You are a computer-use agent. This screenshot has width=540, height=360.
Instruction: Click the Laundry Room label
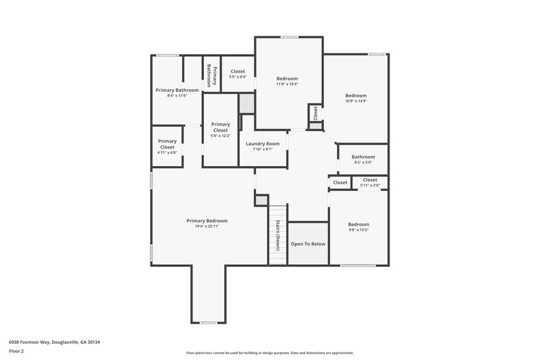tap(263, 143)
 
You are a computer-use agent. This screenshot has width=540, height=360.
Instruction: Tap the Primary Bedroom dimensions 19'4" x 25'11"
tap(207, 226)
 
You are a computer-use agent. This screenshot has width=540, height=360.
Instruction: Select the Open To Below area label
tap(308, 244)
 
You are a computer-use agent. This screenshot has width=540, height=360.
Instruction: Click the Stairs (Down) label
tap(277, 235)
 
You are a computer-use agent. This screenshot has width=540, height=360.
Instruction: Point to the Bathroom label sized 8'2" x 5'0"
tap(362, 157)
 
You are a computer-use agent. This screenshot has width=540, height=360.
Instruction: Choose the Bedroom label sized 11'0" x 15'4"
tap(287, 78)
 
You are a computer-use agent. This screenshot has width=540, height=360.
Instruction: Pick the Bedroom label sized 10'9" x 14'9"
tap(356, 95)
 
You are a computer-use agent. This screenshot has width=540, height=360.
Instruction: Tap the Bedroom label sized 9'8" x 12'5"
tap(358, 224)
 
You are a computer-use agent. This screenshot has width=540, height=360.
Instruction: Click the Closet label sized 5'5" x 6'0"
tap(238, 71)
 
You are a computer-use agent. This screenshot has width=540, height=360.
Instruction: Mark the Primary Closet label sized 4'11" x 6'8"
tap(167, 144)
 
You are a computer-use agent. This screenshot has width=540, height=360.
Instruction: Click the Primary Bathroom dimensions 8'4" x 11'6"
tap(177, 96)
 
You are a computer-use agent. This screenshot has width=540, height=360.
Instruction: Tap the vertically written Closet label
tap(315, 113)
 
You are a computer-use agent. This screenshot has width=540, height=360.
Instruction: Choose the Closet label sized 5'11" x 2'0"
tap(370, 180)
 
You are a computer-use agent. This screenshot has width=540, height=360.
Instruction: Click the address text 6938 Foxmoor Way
tap(54, 342)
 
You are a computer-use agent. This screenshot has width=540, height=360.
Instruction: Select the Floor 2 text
tap(17, 352)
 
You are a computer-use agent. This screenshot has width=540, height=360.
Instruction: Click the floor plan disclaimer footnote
tap(269, 353)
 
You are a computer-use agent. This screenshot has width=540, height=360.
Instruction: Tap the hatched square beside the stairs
tap(261, 200)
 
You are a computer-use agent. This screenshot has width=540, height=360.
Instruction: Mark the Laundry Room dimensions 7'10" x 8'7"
tap(263, 149)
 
